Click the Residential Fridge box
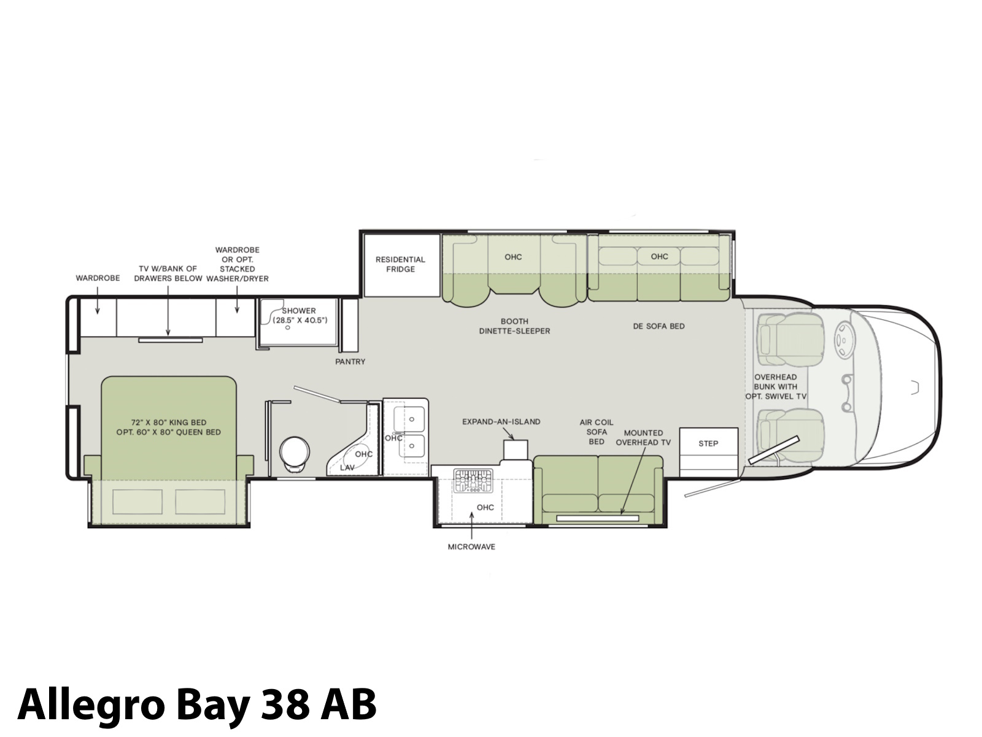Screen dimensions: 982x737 (x=401, y=265)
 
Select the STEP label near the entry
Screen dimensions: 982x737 (x=708, y=443)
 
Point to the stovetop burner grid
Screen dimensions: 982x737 (x=473, y=481)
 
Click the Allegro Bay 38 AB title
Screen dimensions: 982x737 (x=197, y=704)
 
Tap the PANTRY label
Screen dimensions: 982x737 (x=350, y=362)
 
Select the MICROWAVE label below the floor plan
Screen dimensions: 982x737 (x=471, y=547)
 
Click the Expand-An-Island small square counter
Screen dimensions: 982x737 (x=516, y=450)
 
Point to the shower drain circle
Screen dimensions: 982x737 (x=288, y=327)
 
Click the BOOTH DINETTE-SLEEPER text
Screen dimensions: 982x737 (x=514, y=326)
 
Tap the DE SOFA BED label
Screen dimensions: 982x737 (x=659, y=326)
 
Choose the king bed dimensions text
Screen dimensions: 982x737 (x=169, y=427)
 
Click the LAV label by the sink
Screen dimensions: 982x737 (x=347, y=467)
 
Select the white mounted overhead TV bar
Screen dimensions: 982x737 (x=598, y=518)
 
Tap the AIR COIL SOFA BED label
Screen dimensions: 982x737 (x=597, y=432)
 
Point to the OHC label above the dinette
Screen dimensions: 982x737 (x=513, y=257)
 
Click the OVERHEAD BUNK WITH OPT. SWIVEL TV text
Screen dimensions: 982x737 (x=776, y=387)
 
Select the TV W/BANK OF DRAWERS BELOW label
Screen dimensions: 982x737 (x=168, y=273)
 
